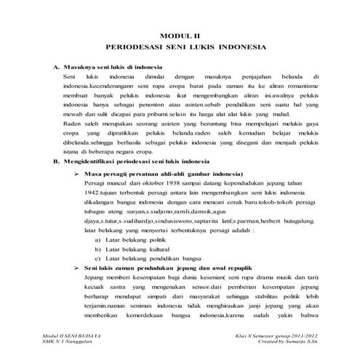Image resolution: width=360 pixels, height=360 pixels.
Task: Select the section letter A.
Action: click(55, 67)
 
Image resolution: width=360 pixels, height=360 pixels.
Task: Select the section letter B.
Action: click(55, 161)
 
